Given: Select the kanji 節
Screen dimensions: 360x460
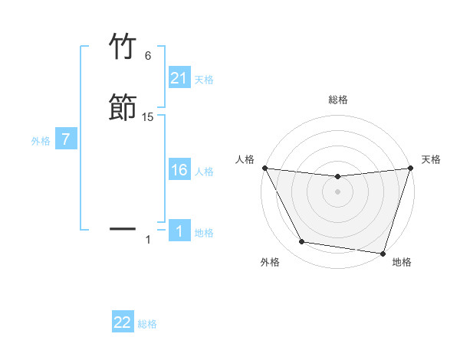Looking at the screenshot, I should [x=123, y=107].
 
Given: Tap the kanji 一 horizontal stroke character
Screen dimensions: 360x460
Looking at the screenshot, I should [x=123, y=228].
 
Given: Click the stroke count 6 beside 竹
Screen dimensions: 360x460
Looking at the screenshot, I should [x=148, y=55].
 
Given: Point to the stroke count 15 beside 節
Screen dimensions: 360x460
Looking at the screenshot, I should [x=148, y=117].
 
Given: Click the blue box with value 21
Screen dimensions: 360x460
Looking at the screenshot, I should [x=179, y=78].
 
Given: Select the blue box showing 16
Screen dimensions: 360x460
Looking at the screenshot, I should [x=179, y=171].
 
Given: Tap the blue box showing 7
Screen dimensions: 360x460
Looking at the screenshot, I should [x=66, y=140].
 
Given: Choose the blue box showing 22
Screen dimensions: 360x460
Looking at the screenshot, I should [x=123, y=323].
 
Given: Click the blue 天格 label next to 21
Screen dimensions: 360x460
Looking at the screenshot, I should [x=204, y=79].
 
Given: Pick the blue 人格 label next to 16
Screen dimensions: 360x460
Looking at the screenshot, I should [x=204, y=172].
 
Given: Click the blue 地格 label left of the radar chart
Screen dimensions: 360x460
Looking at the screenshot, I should [x=204, y=233].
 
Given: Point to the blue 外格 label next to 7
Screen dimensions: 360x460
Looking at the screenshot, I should [x=41, y=141].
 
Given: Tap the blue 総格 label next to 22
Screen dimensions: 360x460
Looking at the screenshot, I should [x=147, y=324].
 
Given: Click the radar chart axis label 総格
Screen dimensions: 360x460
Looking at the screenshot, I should [x=337, y=100].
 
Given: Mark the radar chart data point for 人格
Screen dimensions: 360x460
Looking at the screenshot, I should [x=264, y=168].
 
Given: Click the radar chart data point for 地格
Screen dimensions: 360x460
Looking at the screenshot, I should [x=383, y=253].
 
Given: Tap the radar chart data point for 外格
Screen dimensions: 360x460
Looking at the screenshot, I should [x=302, y=242].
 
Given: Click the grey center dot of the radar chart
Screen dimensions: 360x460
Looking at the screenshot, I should [x=337, y=191].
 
